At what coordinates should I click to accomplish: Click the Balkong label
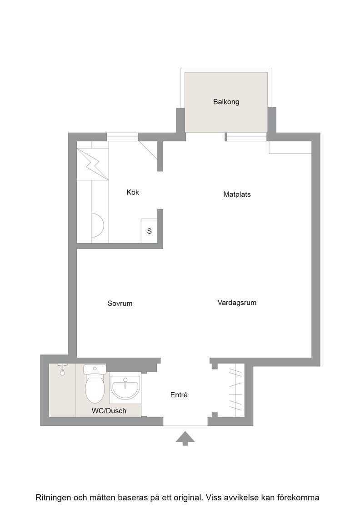click(226, 102)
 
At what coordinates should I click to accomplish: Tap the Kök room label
click(133, 192)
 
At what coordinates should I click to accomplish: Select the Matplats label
click(237, 194)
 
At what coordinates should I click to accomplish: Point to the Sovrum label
click(120, 303)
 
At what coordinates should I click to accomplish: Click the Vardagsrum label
click(237, 303)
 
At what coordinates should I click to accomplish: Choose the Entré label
click(179, 395)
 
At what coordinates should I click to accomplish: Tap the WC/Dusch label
click(109, 411)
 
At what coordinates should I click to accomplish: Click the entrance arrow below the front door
click(185, 438)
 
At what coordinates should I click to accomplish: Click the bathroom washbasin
click(125, 388)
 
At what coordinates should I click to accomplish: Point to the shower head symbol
click(62, 370)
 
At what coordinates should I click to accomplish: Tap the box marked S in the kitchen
click(150, 231)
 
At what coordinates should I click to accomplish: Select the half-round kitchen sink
click(97, 225)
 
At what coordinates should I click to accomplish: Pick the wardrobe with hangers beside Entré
click(235, 389)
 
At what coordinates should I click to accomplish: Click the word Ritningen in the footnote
click(53, 498)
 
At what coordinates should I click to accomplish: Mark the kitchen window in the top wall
click(122, 137)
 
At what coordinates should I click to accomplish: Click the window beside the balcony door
click(246, 137)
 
